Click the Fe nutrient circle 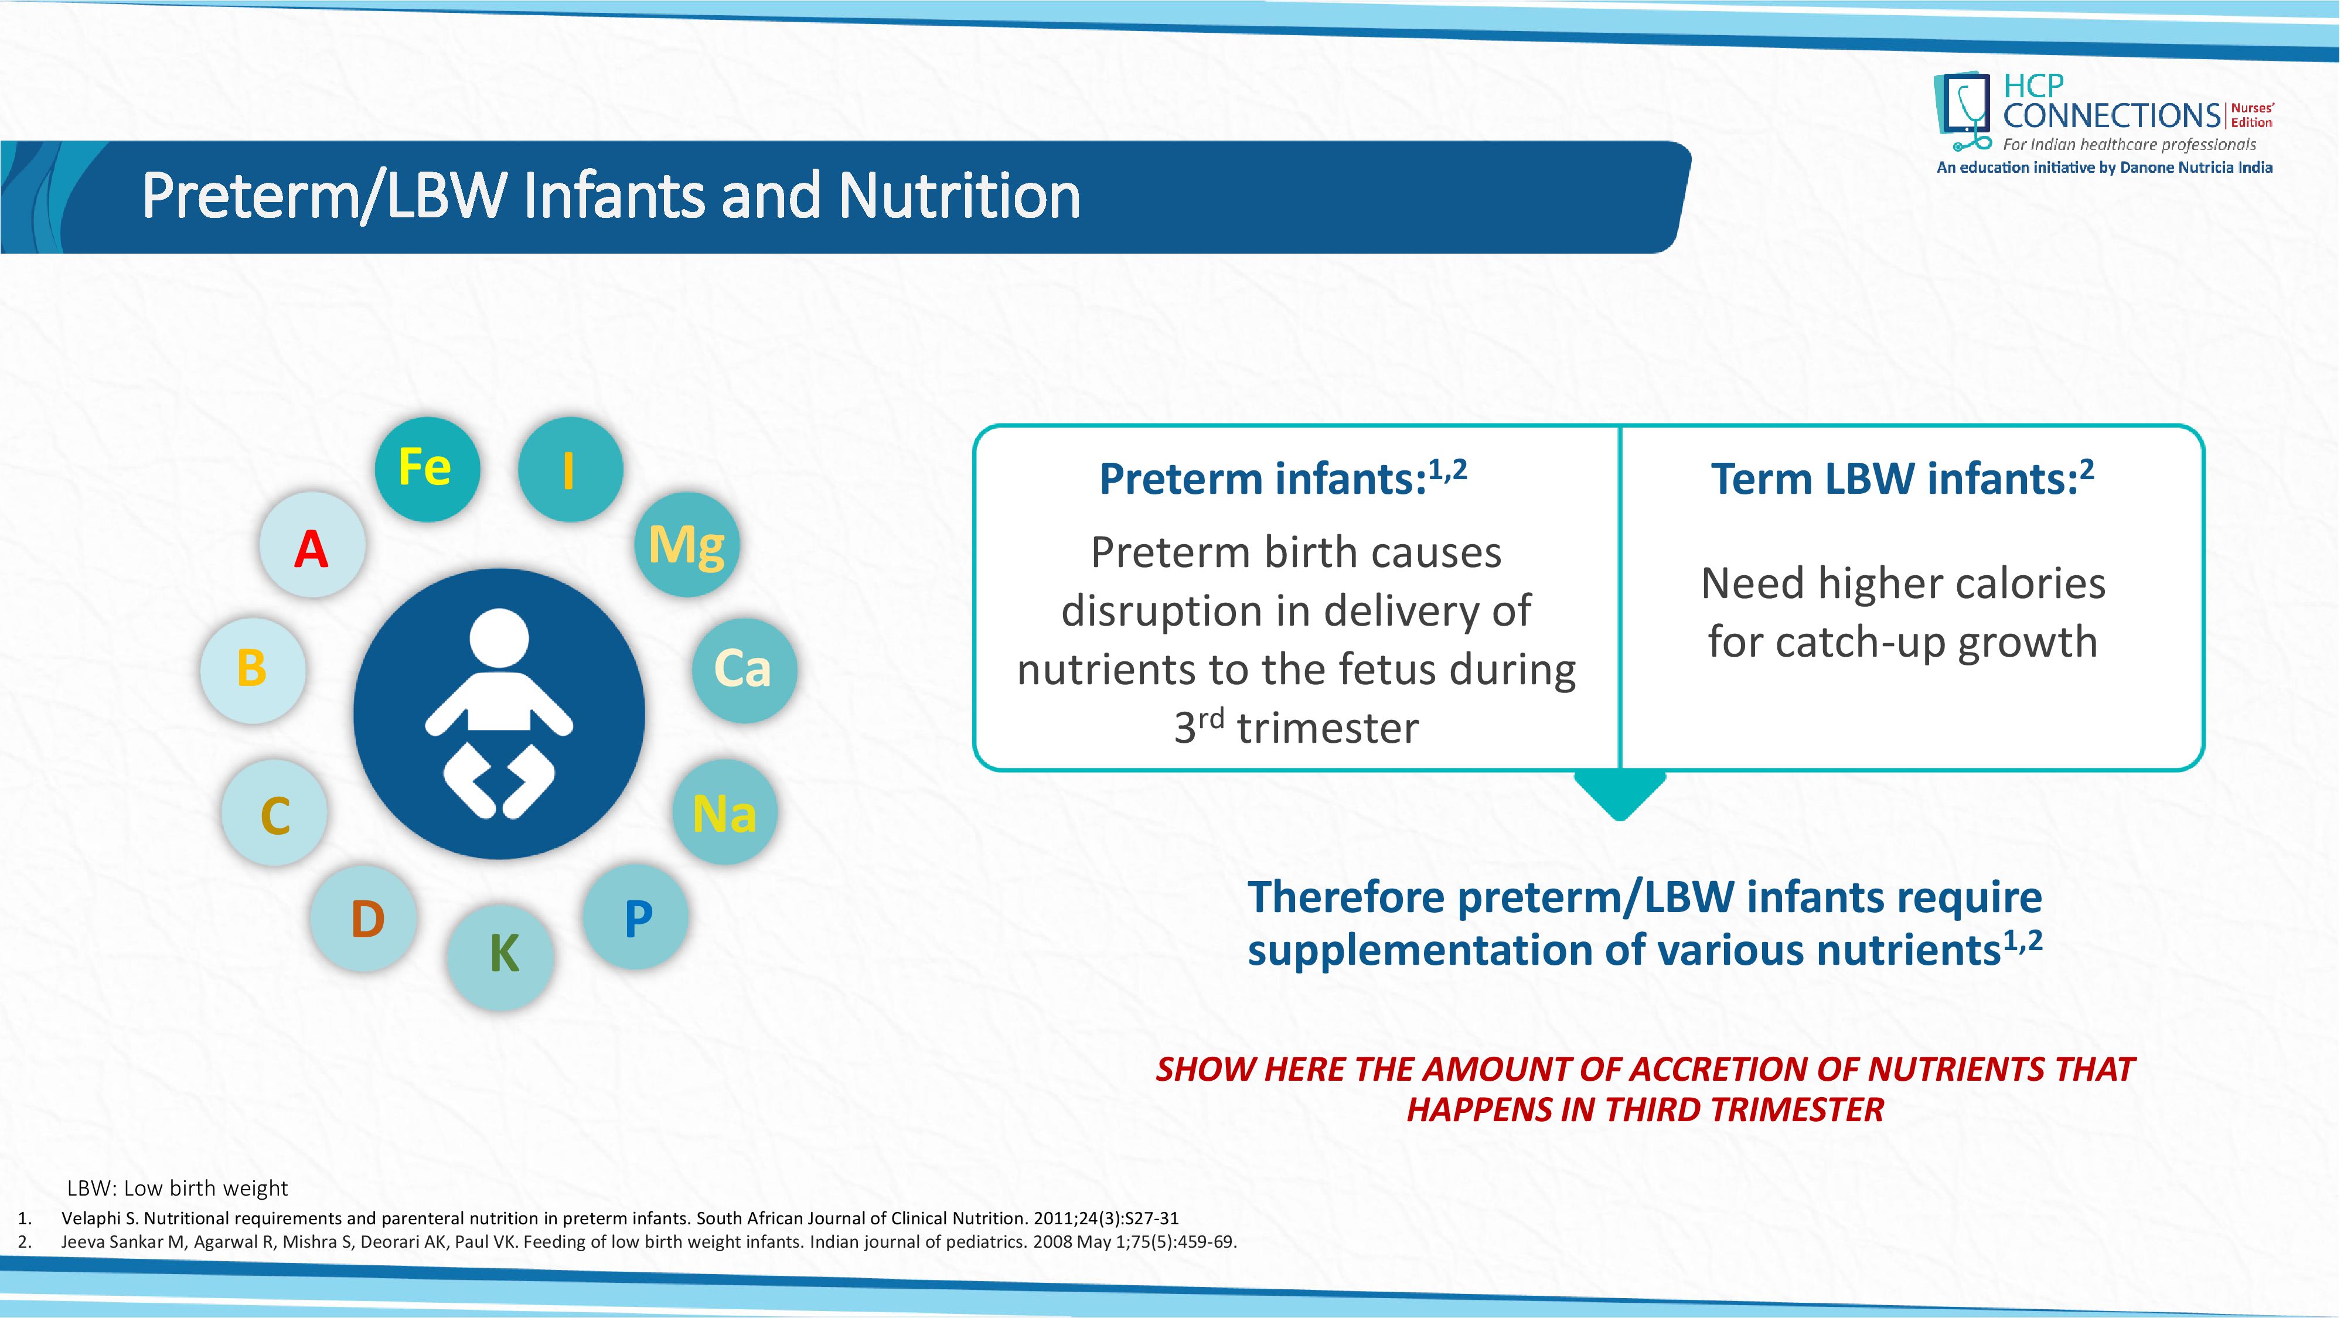pyautogui.click(x=427, y=469)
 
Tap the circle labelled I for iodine pyautogui.click(x=571, y=469)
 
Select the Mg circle pyautogui.click(x=687, y=544)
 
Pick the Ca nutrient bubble pyautogui.click(x=744, y=670)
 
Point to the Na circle pyautogui.click(x=725, y=811)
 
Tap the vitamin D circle pyautogui.click(x=364, y=918)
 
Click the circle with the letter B pyautogui.click(x=253, y=670)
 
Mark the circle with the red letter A pyautogui.click(x=312, y=544)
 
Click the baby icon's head pyautogui.click(x=499, y=638)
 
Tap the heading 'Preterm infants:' pyautogui.click(x=1263, y=479)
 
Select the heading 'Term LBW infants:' pyautogui.click(x=1895, y=479)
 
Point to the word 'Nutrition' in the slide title pyautogui.click(x=959, y=196)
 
